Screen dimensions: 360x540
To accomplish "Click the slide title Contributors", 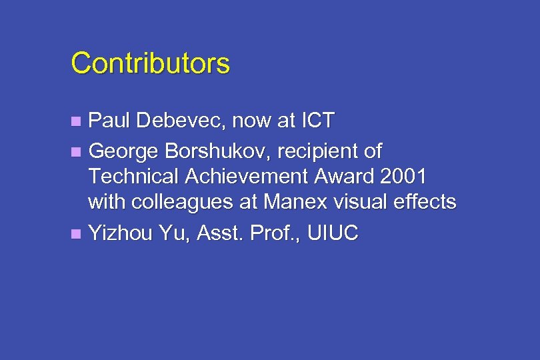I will click(150, 64).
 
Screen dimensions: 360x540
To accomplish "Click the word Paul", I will click(109, 121).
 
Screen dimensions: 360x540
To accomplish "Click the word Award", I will click(345, 177).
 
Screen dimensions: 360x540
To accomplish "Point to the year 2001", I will click(403, 177).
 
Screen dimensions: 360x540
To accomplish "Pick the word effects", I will click(427, 201).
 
